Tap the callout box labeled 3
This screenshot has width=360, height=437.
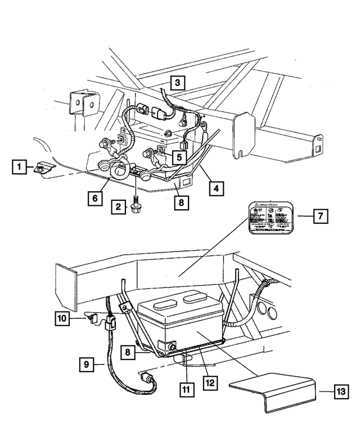pyautogui.click(x=177, y=83)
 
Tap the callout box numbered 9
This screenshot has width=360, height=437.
pyautogui.click(x=87, y=364)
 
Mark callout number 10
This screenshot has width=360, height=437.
pyautogui.click(x=63, y=319)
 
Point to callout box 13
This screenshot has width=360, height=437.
pyautogui.click(x=339, y=393)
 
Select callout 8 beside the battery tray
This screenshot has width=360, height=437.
pyautogui.click(x=129, y=353)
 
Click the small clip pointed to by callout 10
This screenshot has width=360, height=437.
pyautogui.click(x=93, y=321)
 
